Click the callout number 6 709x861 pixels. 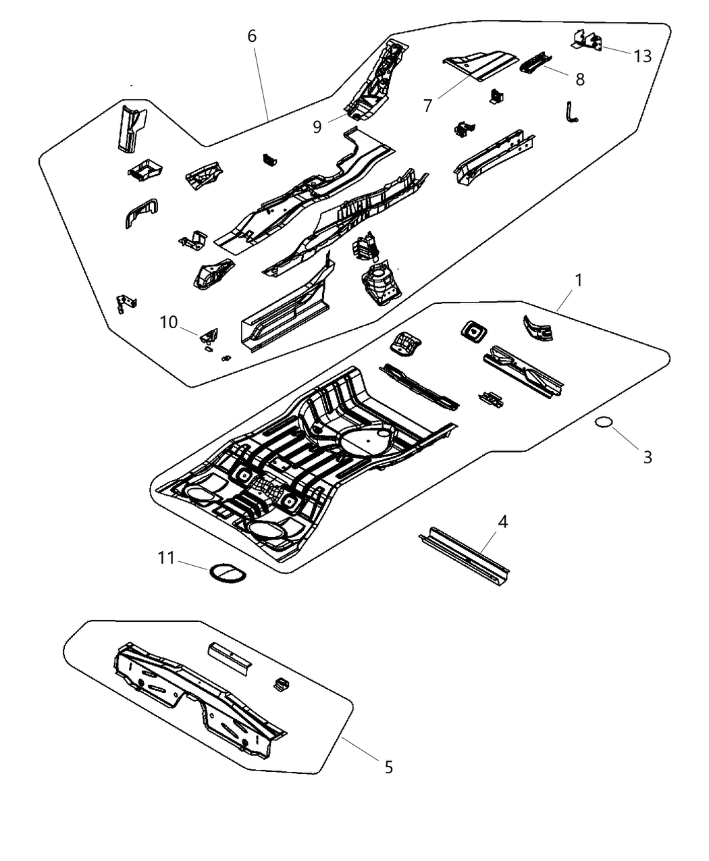tap(252, 36)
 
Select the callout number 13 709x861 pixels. tap(643, 56)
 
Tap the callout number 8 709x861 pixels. tap(580, 79)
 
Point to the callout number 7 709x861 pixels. tap(427, 106)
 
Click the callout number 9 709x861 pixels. tap(317, 126)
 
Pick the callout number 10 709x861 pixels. tap(168, 322)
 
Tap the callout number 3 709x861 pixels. tap(647, 457)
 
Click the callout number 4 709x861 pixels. tap(502, 521)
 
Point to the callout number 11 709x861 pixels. tap(166, 558)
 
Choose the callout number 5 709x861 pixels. tap(388, 767)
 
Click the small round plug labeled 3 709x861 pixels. tap(603, 423)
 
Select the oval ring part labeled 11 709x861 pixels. tap(226, 573)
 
